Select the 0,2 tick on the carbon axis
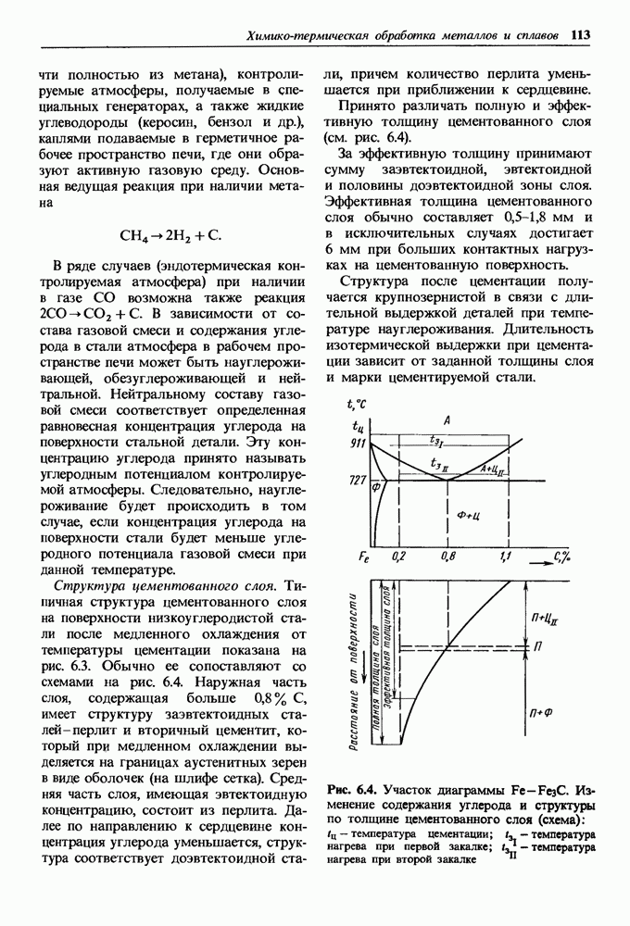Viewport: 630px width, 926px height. pos(400,556)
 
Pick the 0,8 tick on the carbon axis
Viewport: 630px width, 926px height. pos(449,556)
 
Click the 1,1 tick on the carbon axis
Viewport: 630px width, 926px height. pos(506,556)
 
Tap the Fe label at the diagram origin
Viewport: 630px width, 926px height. pos(363,557)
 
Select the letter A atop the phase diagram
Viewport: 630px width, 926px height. pos(447,421)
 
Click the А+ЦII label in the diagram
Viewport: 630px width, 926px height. pos(492,469)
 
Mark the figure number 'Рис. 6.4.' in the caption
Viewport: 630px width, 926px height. pos(351,790)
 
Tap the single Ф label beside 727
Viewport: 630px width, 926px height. pos(377,487)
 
